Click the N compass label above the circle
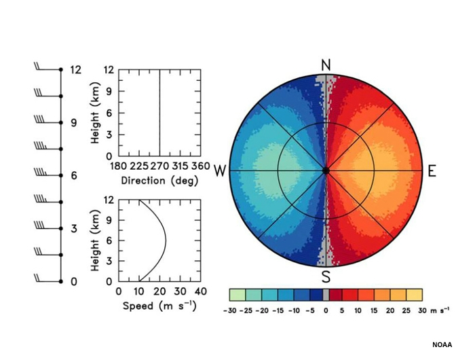[326, 65]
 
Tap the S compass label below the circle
[326, 277]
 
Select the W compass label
[220, 170]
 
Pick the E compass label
[432, 170]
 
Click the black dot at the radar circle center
[326, 170]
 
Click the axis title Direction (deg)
[159, 181]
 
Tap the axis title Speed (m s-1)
[159, 306]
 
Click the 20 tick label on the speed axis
[159, 291]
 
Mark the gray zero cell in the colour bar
[326, 294]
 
